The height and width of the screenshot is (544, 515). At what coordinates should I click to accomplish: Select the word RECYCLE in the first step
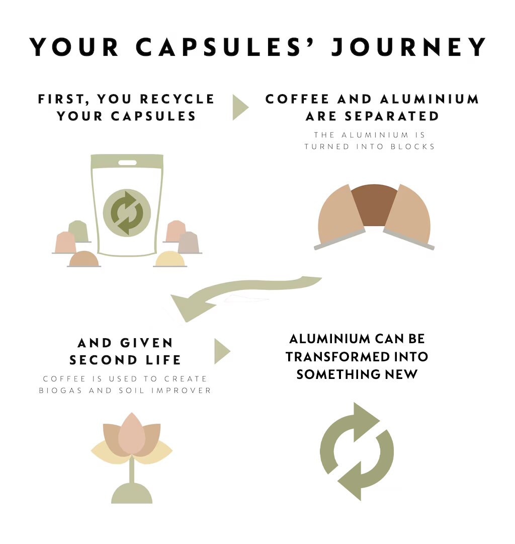(177, 99)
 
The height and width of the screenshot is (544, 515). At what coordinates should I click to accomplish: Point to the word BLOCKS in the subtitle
(413, 146)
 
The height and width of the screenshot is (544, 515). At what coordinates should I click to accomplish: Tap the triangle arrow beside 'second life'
(222, 351)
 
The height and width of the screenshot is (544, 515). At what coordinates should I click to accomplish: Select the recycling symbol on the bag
(127, 213)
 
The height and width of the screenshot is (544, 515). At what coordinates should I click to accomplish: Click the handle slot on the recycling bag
(127, 163)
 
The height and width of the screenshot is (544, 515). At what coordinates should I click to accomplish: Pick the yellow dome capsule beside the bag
(170, 259)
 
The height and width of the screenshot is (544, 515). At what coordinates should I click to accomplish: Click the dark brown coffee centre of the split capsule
(374, 203)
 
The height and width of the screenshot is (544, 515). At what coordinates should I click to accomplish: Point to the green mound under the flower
(132, 493)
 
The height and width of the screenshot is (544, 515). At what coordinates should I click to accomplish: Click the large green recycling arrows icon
(357, 451)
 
